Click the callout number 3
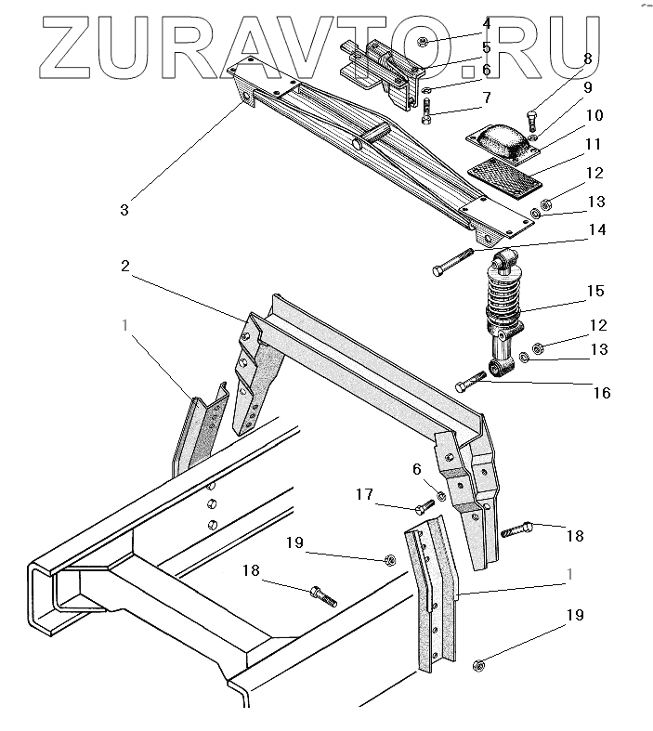124,210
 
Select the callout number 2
124,267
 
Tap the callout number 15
595,292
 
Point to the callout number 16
601,393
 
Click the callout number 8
587,59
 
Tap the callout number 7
486,98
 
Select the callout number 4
486,22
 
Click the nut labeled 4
422,41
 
